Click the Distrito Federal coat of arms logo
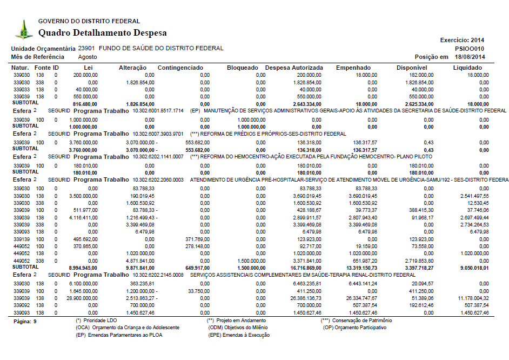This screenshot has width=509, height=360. (x=23, y=29)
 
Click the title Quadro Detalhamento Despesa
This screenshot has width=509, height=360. (x=103, y=33)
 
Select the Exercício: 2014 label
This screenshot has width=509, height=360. (x=463, y=40)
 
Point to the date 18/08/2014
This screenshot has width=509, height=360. (x=470, y=57)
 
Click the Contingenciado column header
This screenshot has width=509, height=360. (x=180, y=68)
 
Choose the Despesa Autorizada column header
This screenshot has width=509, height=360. (x=294, y=68)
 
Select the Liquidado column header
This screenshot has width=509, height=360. (x=467, y=68)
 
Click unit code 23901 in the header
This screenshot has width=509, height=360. (x=86, y=48)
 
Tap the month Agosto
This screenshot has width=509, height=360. (x=88, y=57)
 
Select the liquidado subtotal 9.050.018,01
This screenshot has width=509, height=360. (x=471, y=267)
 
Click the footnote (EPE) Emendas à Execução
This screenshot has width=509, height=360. (x=239, y=335)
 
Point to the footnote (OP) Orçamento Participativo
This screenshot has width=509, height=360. (x=354, y=328)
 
